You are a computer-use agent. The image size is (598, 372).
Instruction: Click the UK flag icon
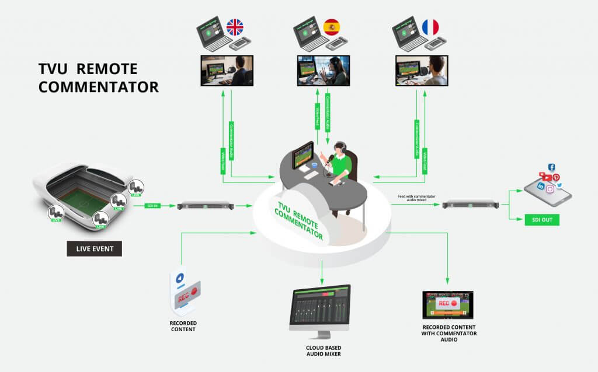point(235,27)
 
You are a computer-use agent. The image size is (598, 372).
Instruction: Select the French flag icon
point(430,27)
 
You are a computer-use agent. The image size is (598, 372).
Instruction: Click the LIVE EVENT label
point(95,249)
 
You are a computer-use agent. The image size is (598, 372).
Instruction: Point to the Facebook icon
point(551,168)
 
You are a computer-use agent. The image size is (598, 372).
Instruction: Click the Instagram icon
point(550,189)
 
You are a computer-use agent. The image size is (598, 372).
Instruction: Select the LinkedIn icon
point(541,186)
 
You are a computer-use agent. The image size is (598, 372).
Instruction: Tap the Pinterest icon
point(556,177)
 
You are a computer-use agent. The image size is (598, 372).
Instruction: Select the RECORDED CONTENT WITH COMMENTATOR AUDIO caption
point(448,333)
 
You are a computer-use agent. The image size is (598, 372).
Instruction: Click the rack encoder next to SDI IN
point(205,205)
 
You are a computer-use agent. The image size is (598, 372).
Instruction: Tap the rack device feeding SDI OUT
point(470,204)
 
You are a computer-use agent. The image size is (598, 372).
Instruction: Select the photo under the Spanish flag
point(324,71)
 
